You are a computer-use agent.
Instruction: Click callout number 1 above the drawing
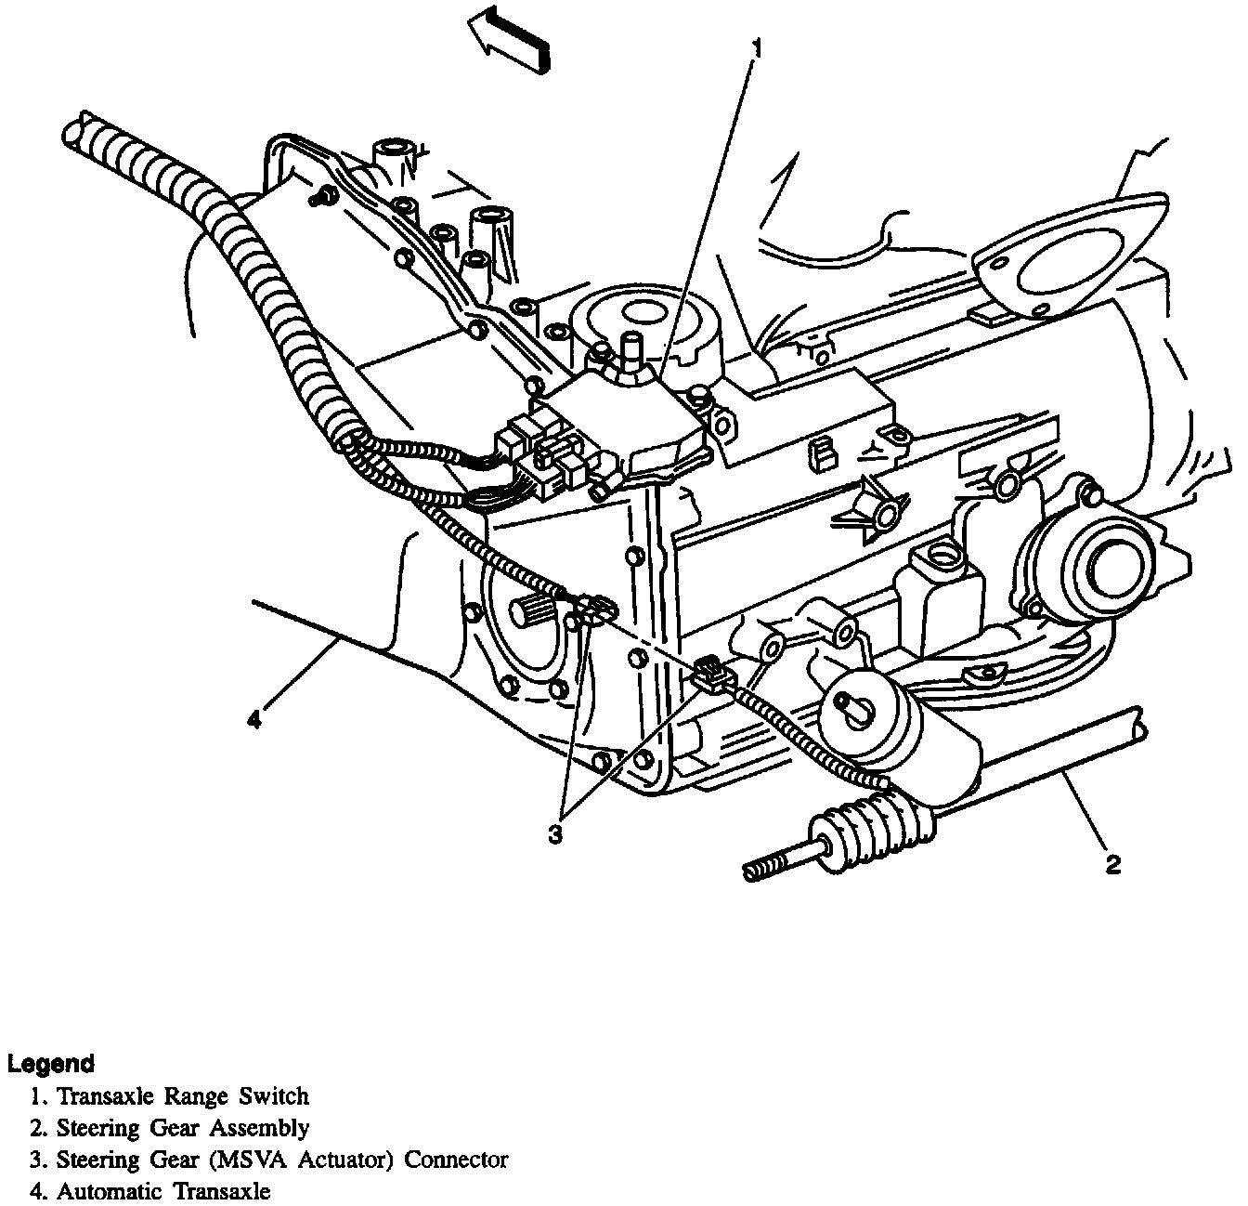758,48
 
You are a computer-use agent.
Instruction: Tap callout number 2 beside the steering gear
1112,864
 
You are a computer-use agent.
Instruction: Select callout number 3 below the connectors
554,834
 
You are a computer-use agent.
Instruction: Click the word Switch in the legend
274,1096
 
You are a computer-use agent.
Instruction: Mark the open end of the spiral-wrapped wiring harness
81,125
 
